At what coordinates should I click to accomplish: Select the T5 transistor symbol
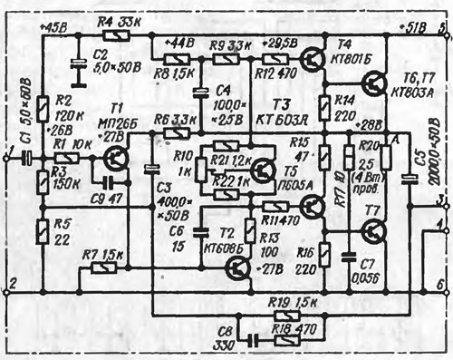(x=264, y=170)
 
